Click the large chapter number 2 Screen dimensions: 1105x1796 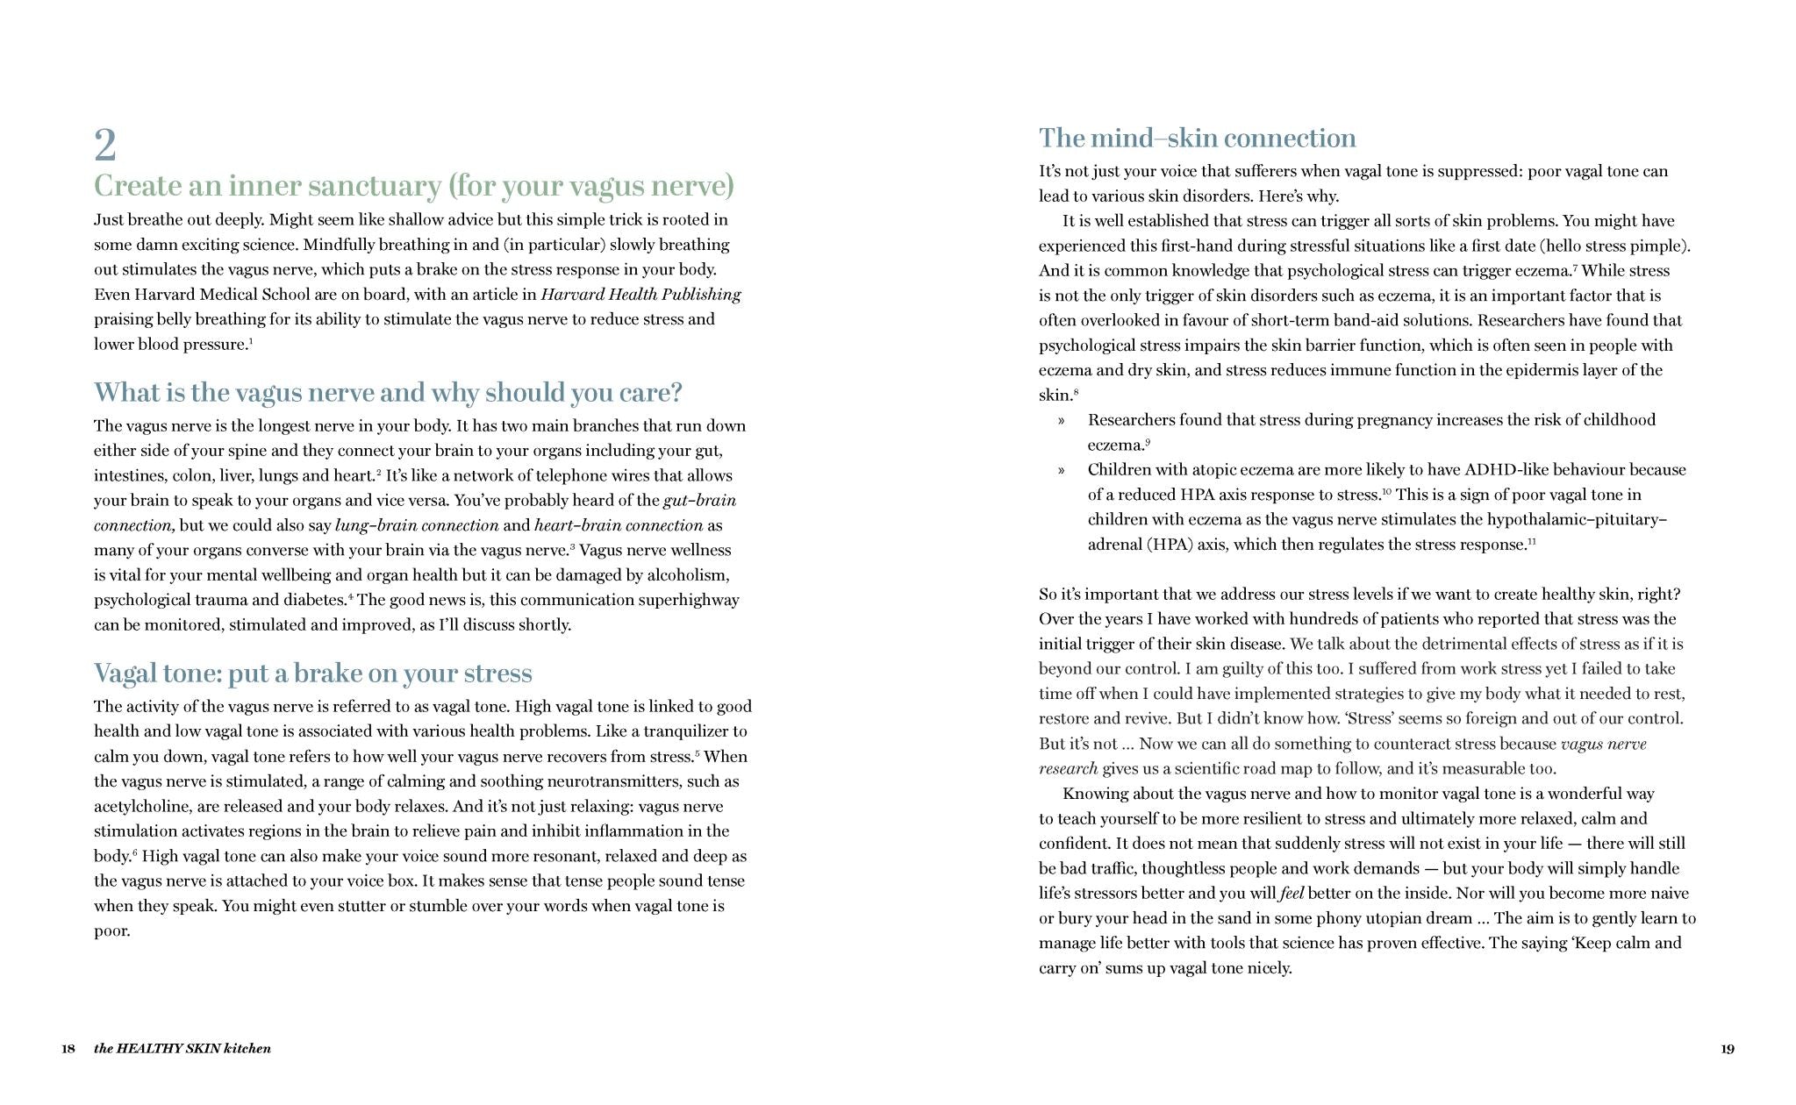click(x=105, y=146)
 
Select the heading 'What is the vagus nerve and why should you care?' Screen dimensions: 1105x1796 click(x=388, y=392)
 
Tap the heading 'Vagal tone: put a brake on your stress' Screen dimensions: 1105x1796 click(x=313, y=673)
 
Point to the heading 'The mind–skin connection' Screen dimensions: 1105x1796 click(x=1197, y=138)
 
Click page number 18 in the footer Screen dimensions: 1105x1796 click(x=68, y=1048)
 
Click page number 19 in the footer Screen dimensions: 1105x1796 click(x=1727, y=1048)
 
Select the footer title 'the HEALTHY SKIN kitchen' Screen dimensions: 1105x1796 click(x=182, y=1048)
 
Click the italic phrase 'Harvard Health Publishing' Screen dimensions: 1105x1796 click(x=640, y=295)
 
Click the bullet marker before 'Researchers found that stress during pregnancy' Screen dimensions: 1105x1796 click(x=1062, y=420)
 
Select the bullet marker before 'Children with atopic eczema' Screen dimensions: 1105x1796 click(x=1062, y=470)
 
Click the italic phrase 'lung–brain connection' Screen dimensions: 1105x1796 click(x=417, y=525)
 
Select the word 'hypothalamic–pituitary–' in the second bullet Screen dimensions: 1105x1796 click(x=1577, y=519)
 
